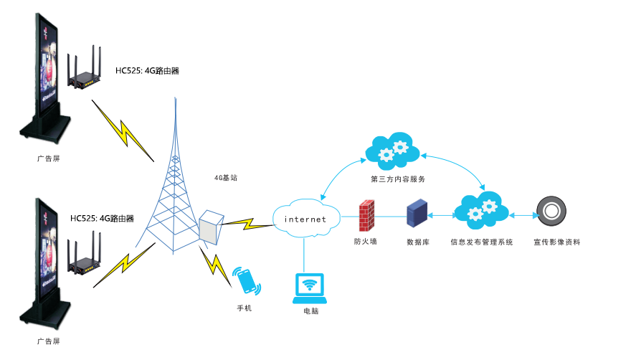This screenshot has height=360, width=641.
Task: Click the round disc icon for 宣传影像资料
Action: pyautogui.click(x=551, y=211)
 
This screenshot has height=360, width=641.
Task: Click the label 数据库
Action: pyautogui.click(x=417, y=242)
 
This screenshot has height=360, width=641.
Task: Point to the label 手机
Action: pyautogui.click(x=245, y=308)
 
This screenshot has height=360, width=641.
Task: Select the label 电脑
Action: pyautogui.click(x=310, y=312)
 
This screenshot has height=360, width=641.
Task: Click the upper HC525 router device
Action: pyautogui.click(x=84, y=72)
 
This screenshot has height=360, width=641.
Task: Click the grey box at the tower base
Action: pyautogui.click(x=209, y=227)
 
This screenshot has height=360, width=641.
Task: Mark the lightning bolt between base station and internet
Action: pyautogui.click(x=248, y=223)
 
